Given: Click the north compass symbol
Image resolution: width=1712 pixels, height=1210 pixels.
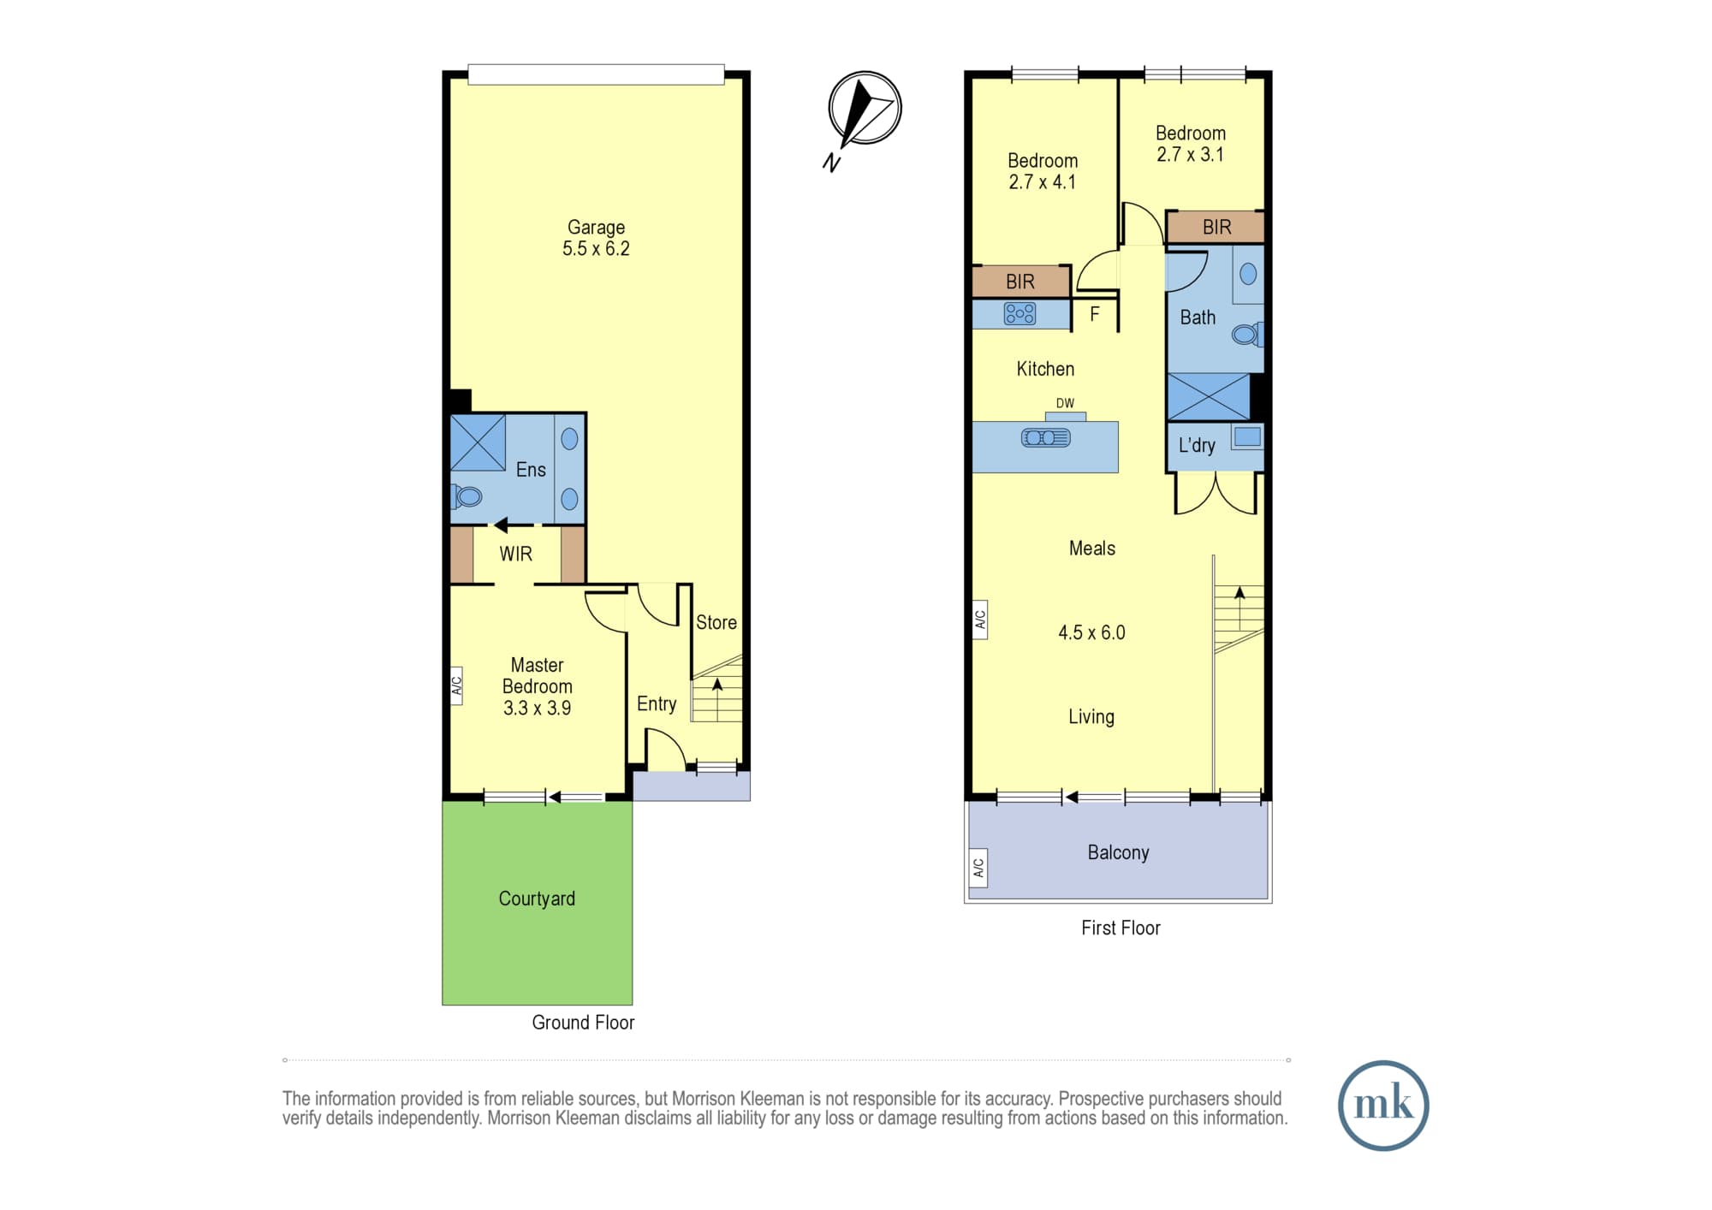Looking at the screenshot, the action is [x=865, y=109].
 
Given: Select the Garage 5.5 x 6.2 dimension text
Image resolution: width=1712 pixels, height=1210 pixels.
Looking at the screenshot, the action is [x=596, y=248].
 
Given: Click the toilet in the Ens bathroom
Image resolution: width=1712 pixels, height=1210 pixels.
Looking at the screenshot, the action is [x=467, y=495].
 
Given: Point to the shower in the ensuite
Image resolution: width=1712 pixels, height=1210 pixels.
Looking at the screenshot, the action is [x=478, y=442].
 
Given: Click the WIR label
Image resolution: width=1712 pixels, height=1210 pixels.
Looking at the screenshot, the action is [x=515, y=554].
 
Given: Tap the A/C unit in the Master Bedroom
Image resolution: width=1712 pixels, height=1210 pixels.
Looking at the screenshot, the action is [x=456, y=685].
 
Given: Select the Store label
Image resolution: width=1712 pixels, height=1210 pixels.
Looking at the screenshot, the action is [x=716, y=622].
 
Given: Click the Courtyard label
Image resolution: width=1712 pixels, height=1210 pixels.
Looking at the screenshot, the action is [x=537, y=899].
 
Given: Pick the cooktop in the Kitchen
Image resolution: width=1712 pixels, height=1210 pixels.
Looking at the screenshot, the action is [x=1019, y=314].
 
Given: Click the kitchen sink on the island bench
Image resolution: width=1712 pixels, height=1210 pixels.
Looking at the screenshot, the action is [x=1045, y=438].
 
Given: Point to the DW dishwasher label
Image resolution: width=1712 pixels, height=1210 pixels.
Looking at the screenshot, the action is [x=1065, y=403].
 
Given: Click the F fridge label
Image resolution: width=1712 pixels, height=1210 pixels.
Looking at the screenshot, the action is [x=1094, y=314].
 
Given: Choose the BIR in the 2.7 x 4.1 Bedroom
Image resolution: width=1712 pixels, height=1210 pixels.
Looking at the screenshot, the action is [x=1020, y=282].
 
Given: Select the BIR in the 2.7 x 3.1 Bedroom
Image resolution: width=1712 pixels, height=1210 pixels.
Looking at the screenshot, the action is [x=1216, y=227].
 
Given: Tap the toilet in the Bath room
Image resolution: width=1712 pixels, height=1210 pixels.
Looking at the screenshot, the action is [x=1247, y=334].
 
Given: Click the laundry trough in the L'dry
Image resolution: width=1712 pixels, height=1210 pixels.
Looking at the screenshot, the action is [x=1247, y=436].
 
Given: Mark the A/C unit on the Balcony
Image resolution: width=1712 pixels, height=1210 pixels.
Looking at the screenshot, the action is [x=978, y=868].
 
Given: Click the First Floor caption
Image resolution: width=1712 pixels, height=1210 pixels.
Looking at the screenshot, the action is [x=1121, y=928].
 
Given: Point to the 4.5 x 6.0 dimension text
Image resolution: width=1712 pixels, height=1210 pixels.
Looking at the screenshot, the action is [x=1091, y=632].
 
